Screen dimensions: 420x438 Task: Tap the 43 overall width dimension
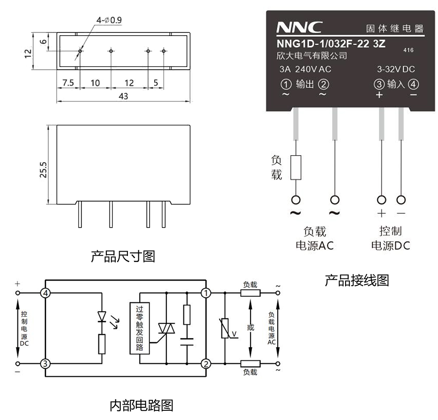coord(123,96)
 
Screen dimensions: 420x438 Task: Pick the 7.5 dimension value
coord(67,82)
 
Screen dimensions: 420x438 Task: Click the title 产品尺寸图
coord(123,256)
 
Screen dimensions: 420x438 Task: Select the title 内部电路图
coord(141,406)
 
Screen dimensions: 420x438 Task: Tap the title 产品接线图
coord(357,280)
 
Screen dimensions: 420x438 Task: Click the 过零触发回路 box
coord(140,328)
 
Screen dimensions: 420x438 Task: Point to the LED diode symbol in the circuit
coord(102,316)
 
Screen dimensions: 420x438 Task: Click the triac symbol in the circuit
coord(166,328)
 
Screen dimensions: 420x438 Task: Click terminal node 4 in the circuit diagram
coord(46,293)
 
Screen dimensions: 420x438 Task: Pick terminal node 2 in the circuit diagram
coord(205,363)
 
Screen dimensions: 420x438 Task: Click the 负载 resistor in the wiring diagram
coord(296,167)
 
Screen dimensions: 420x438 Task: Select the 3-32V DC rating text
coord(396,69)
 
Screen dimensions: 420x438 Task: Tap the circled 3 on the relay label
coord(379,84)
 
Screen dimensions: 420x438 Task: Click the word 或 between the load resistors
coord(250,327)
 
